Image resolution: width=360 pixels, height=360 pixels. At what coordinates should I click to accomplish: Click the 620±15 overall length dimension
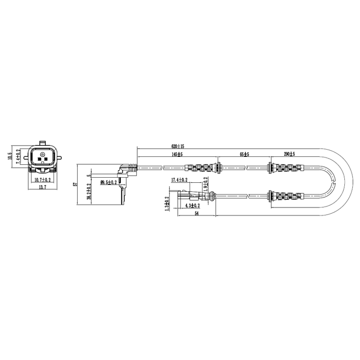(x=177, y=146)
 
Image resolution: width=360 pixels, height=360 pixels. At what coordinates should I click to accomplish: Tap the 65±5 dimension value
(x=244, y=154)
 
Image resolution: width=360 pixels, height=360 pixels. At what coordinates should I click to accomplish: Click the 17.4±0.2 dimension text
(x=179, y=181)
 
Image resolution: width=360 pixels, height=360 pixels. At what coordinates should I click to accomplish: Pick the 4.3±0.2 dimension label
(x=193, y=206)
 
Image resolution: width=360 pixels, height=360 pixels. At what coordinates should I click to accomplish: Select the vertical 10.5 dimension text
(x=10, y=156)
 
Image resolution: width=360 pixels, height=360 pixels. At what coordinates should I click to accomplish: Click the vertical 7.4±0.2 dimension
(x=18, y=156)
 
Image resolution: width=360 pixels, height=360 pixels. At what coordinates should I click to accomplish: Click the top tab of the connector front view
(x=42, y=141)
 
